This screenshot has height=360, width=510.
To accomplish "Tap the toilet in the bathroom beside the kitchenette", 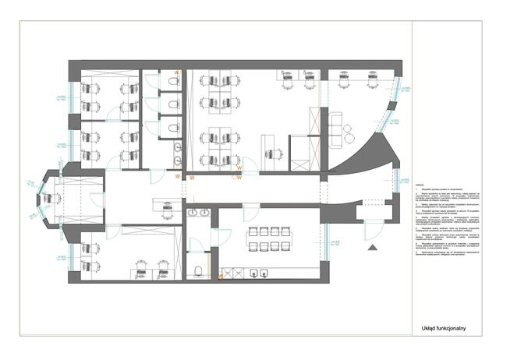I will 199,270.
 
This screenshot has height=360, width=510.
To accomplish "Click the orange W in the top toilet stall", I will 177,73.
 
